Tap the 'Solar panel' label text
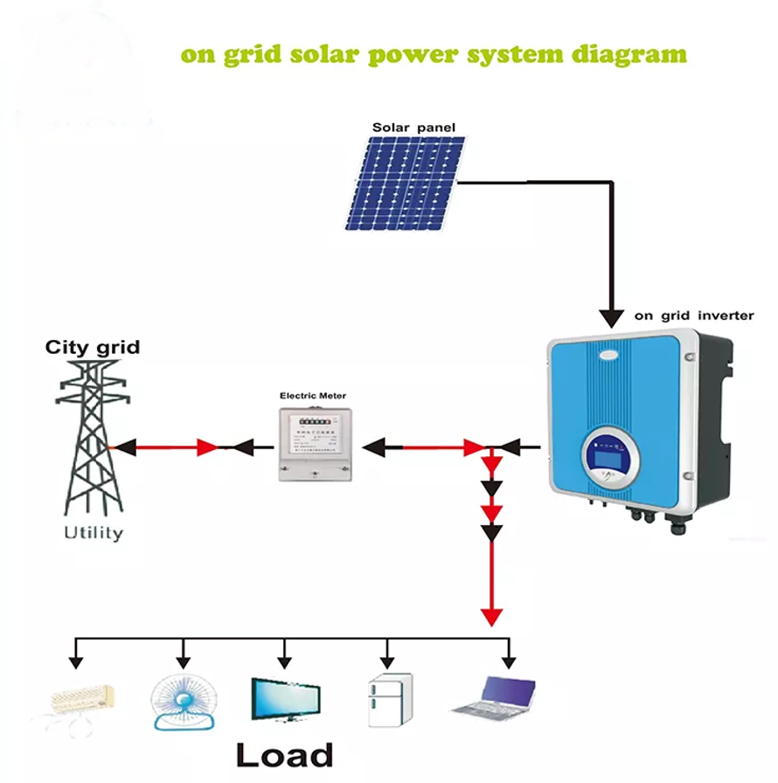[413, 128]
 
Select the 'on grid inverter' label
[694, 315]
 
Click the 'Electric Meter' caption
[313, 396]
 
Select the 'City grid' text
[93, 348]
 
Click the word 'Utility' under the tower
[94, 532]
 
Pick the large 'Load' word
[285, 754]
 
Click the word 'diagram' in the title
[622, 54]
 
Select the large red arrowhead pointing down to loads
[493, 615]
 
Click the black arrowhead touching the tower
[125, 447]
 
